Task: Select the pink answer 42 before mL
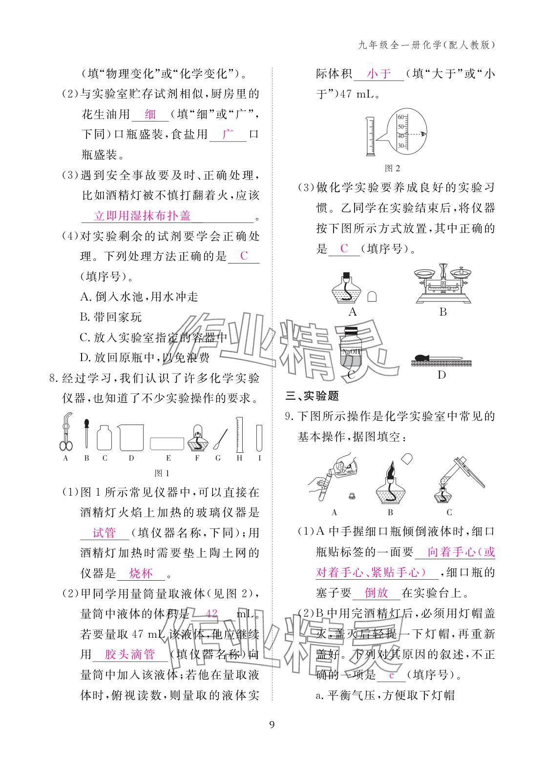pyautogui.click(x=211, y=613)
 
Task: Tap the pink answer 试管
pyautogui.click(x=104, y=533)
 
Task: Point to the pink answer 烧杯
pyautogui.click(x=141, y=573)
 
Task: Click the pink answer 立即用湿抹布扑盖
pyautogui.click(x=142, y=215)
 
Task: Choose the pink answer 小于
pyautogui.click(x=379, y=74)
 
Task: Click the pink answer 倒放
pyautogui.click(x=377, y=593)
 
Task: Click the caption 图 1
pyautogui.click(x=161, y=473)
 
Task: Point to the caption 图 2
pyautogui.click(x=392, y=168)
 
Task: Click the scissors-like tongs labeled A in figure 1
pyautogui.click(x=66, y=432)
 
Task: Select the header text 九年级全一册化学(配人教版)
pyautogui.click(x=426, y=45)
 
